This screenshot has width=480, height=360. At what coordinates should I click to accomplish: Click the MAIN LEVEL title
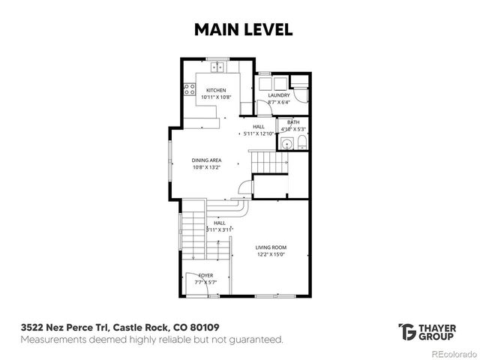[x=239, y=29]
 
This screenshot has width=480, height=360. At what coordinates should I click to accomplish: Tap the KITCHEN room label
[x=211, y=91]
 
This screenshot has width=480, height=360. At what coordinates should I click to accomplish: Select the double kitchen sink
[x=219, y=67]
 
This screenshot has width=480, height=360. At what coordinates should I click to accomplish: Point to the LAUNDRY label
[x=279, y=95]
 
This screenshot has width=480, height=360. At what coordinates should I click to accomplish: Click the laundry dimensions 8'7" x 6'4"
[x=279, y=102]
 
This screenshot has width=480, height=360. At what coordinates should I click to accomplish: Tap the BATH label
[x=292, y=121]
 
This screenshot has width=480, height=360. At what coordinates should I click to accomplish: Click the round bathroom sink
[x=286, y=145]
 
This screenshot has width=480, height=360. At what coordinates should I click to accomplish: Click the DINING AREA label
[x=205, y=160]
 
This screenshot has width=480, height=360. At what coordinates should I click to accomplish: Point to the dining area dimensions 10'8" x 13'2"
[x=205, y=166]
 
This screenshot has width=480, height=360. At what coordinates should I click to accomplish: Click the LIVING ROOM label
[x=271, y=247]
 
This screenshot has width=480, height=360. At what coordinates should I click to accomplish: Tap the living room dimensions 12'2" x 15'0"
[x=271, y=253]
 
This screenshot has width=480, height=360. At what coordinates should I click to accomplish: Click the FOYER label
[x=205, y=275]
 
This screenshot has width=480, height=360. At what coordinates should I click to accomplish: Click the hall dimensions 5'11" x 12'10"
[x=259, y=133]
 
